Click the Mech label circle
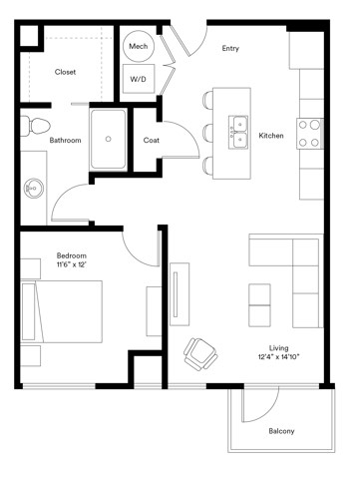click(137, 46)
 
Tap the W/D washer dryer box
click(137, 79)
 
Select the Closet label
click(66, 72)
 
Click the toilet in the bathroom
click(37, 126)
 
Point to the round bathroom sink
click(34, 187)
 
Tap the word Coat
click(152, 141)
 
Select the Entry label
click(230, 48)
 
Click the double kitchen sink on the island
click(238, 132)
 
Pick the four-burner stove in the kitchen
click(310, 134)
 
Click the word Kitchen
click(272, 135)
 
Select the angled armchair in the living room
click(203, 352)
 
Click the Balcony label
click(282, 431)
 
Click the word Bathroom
click(66, 141)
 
